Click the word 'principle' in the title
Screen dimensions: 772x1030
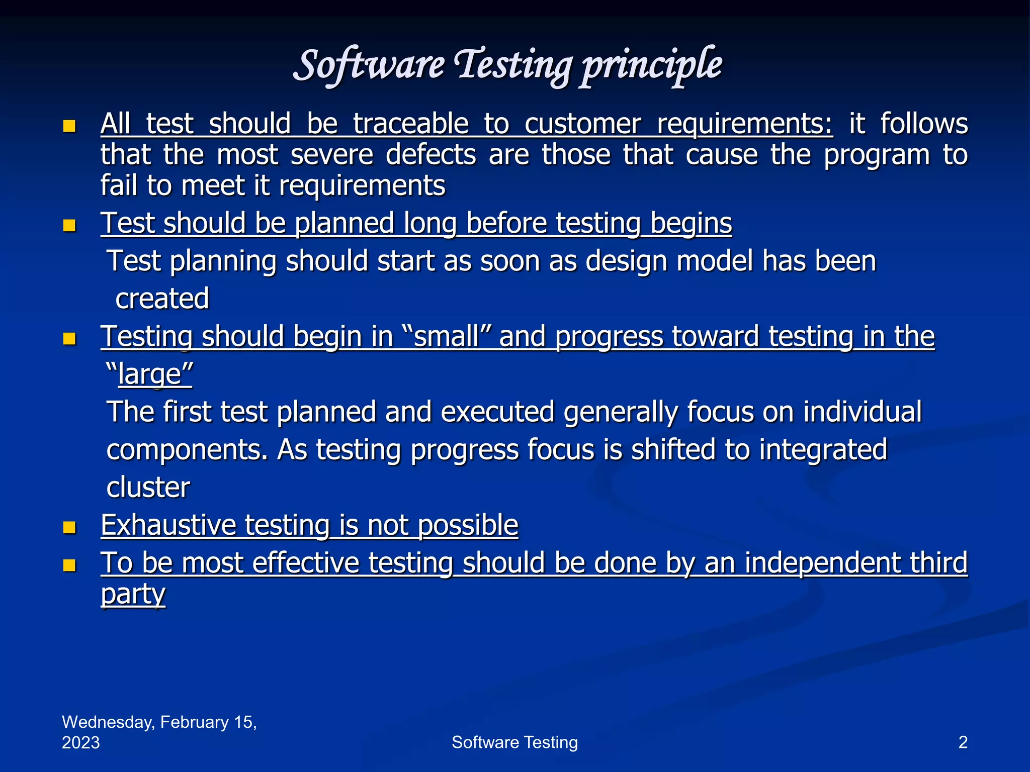click(x=651, y=65)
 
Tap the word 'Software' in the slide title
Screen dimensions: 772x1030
click(x=369, y=65)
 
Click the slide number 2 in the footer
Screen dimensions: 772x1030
click(x=963, y=742)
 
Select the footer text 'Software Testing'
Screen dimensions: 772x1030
click(x=514, y=742)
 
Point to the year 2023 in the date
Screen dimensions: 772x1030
click(x=80, y=742)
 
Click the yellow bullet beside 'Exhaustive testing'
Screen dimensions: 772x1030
click(x=69, y=527)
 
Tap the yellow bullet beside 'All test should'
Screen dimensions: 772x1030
click(x=69, y=126)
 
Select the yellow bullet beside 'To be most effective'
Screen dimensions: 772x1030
click(x=69, y=565)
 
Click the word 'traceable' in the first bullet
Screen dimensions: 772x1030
click(x=410, y=124)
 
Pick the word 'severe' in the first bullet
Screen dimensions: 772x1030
click(x=332, y=155)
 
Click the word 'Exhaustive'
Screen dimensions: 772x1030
click(x=168, y=526)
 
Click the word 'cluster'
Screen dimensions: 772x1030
click(x=148, y=488)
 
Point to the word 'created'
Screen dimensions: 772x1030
click(x=162, y=299)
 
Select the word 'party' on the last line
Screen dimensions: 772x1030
click(x=133, y=595)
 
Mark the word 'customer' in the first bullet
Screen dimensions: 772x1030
click(x=583, y=124)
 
